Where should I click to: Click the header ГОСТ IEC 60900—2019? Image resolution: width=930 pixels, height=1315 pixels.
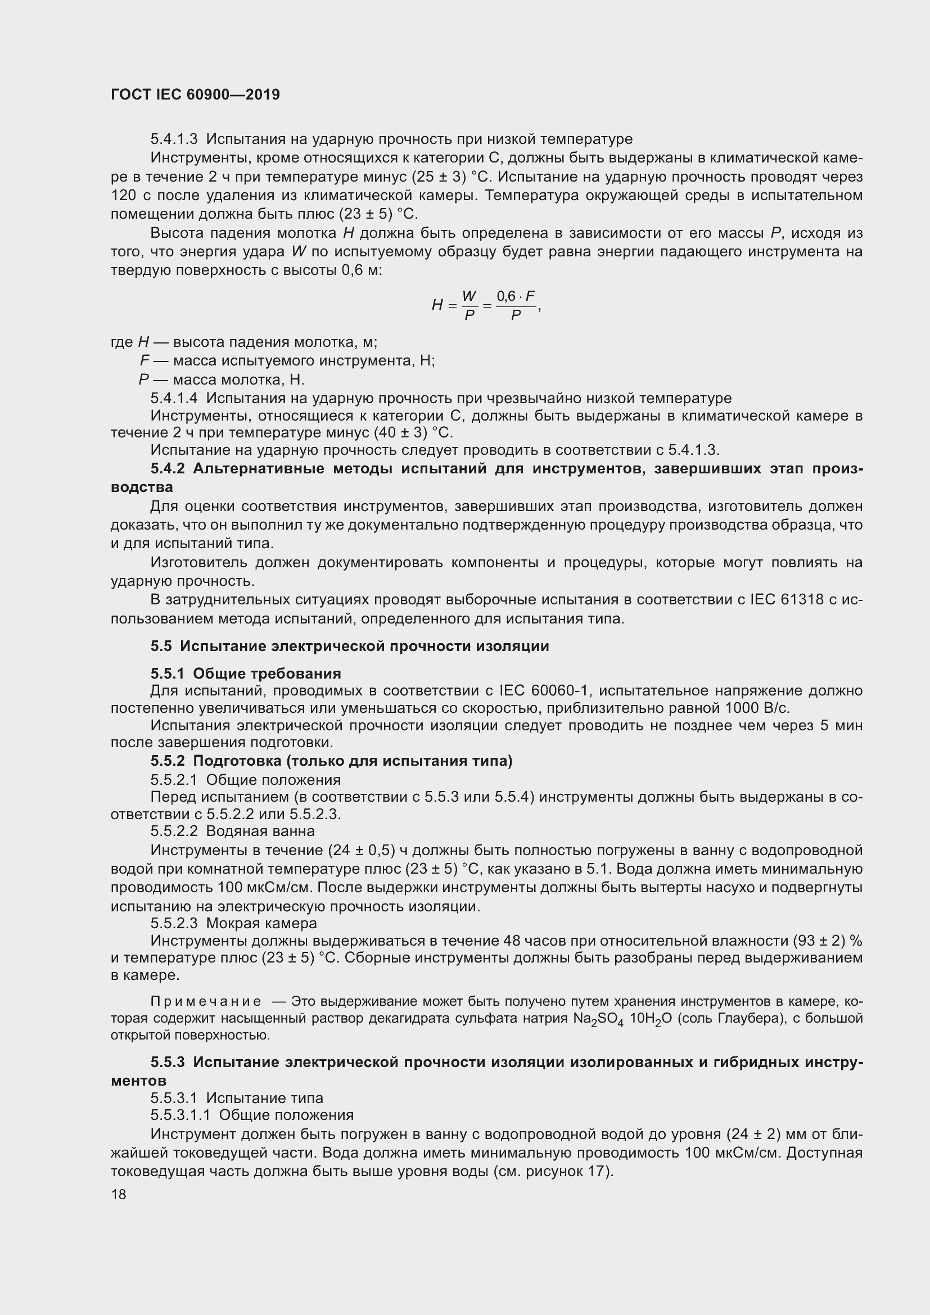tap(195, 94)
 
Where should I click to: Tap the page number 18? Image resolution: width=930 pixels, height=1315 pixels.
tap(119, 1194)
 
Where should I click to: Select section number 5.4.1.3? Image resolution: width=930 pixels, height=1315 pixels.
tap(174, 139)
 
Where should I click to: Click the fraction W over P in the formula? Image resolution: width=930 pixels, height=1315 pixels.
tap(469, 305)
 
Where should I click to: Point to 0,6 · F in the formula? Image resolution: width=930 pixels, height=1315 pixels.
tap(516, 297)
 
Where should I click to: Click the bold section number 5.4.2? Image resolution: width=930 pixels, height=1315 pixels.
tap(168, 468)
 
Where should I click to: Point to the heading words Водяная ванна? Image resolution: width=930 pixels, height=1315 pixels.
tap(260, 830)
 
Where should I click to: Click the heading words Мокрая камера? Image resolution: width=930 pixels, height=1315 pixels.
tap(261, 923)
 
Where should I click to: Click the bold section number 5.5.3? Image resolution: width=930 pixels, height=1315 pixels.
tap(168, 1062)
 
